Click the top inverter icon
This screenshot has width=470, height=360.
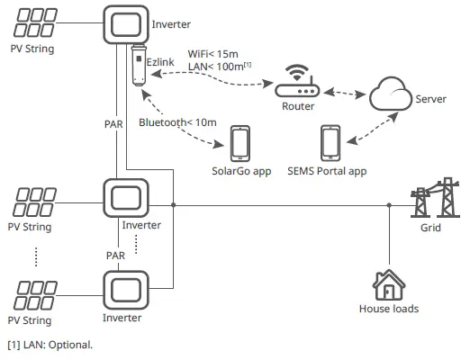[x=127, y=24]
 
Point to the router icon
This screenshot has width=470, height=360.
[x=298, y=83]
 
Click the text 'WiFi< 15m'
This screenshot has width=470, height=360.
[x=212, y=53]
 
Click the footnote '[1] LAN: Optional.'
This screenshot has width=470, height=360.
[x=50, y=345]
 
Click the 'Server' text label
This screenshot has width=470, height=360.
[x=431, y=98]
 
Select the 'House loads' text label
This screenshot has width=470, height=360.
[x=388, y=309]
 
